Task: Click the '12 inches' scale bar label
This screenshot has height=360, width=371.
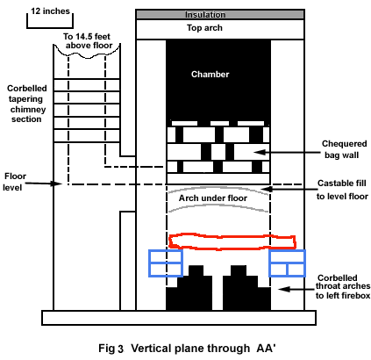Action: pos(50,11)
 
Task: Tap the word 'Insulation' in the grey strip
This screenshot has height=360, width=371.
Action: pos(205,15)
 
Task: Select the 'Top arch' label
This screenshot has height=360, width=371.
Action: pos(204,28)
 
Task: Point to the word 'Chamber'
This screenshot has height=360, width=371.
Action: pos(210,74)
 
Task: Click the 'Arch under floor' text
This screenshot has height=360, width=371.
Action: pos(213,198)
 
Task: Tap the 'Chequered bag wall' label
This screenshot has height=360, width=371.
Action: pos(344,149)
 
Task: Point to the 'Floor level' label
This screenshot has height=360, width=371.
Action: pos(14,182)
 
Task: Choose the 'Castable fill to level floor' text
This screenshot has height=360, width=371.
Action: pos(342,190)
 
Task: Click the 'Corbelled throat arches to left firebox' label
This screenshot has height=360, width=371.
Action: pos(343,286)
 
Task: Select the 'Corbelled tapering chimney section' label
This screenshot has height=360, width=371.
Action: pos(26,104)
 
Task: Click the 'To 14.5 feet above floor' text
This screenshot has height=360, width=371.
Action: pos(87,41)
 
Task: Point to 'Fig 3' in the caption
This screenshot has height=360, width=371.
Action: pos(111,349)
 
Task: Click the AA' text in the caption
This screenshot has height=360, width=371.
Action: pos(266,348)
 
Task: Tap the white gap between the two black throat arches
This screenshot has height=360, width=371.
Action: pos(218,292)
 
